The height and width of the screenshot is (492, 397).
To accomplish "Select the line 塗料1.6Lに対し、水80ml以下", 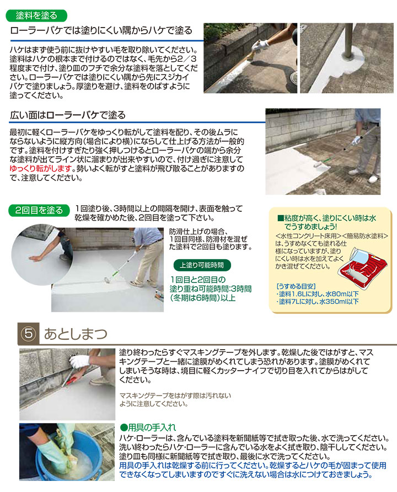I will pyautogui.click(x=316, y=294).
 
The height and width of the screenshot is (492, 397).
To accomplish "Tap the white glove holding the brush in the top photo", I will pyautogui.click(x=263, y=44).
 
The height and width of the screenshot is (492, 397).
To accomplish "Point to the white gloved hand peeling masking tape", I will pyautogui.click(x=80, y=361).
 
